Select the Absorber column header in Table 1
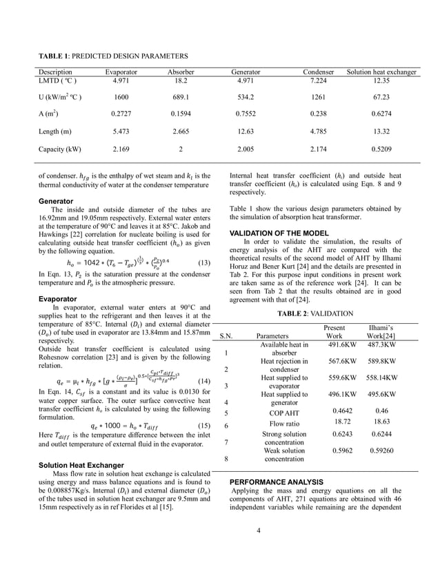(x=181, y=72)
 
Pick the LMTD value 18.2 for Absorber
(x=181, y=81)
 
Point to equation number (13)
(x=203, y=262)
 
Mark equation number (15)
(x=203, y=425)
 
